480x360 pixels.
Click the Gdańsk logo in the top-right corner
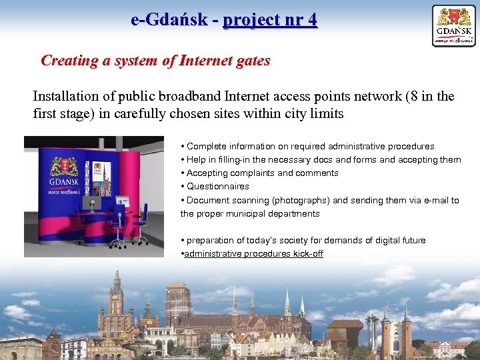(x=454, y=26)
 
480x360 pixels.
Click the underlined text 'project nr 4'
(x=270, y=20)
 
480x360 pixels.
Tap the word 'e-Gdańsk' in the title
(x=170, y=20)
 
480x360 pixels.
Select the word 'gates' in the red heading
(x=253, y=61)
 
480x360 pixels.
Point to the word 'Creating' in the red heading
(x=68, y=61)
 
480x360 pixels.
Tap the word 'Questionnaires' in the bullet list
(x=217, y=187)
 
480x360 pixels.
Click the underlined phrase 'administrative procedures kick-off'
(x=253, y=254)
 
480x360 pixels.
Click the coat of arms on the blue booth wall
(x=63, y=165)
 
